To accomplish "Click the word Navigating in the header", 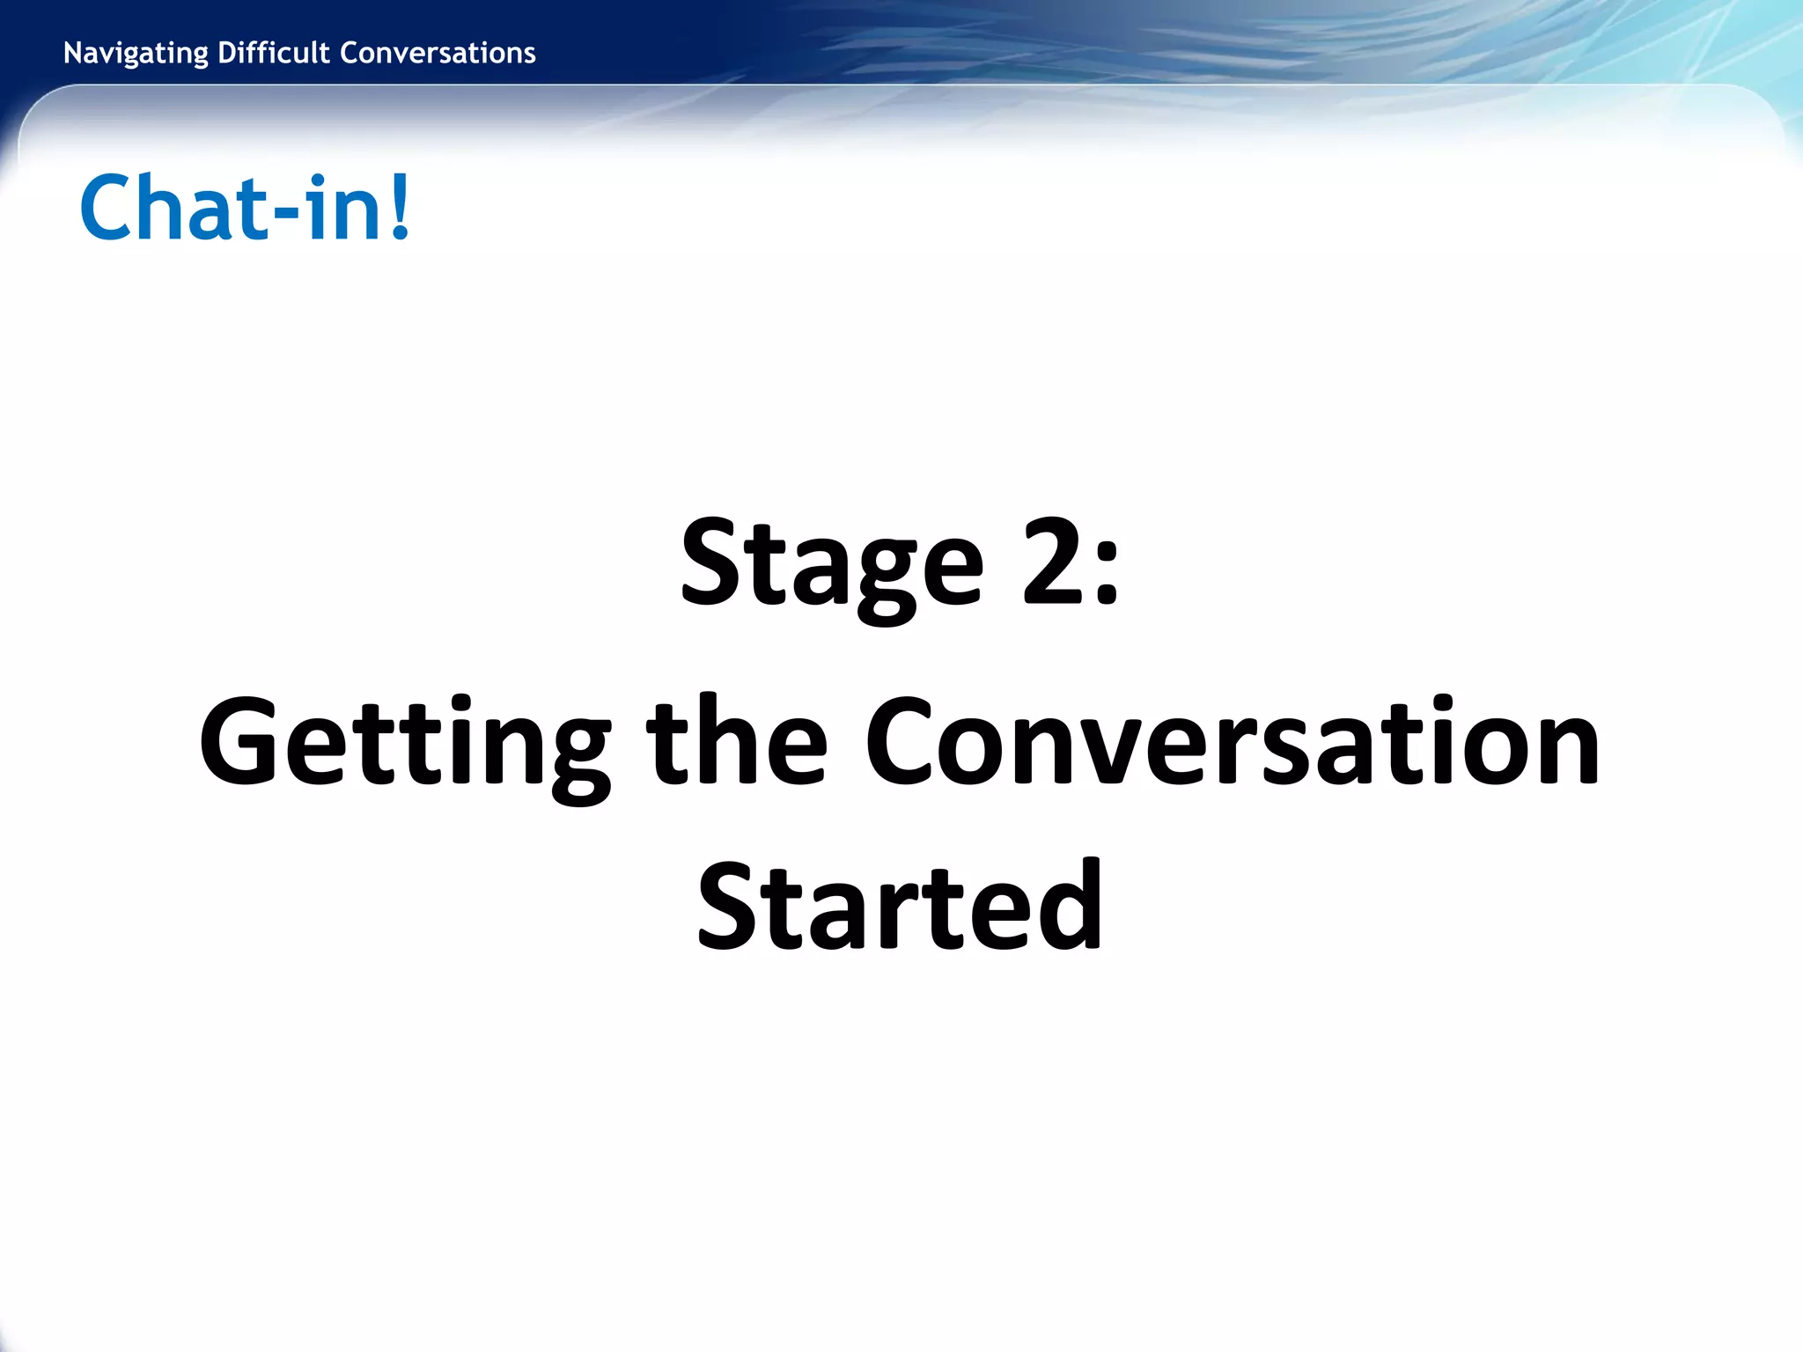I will point(136,54).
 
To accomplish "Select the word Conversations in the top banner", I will point(438,54).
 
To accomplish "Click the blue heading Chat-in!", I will point(245,208).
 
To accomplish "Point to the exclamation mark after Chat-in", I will point(400,208).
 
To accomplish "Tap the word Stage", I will point(831,563).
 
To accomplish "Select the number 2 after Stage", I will point(1051,562).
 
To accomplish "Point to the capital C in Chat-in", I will point(108,208).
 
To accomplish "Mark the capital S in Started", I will point(728,908).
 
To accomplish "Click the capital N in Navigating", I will point(73,54).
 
